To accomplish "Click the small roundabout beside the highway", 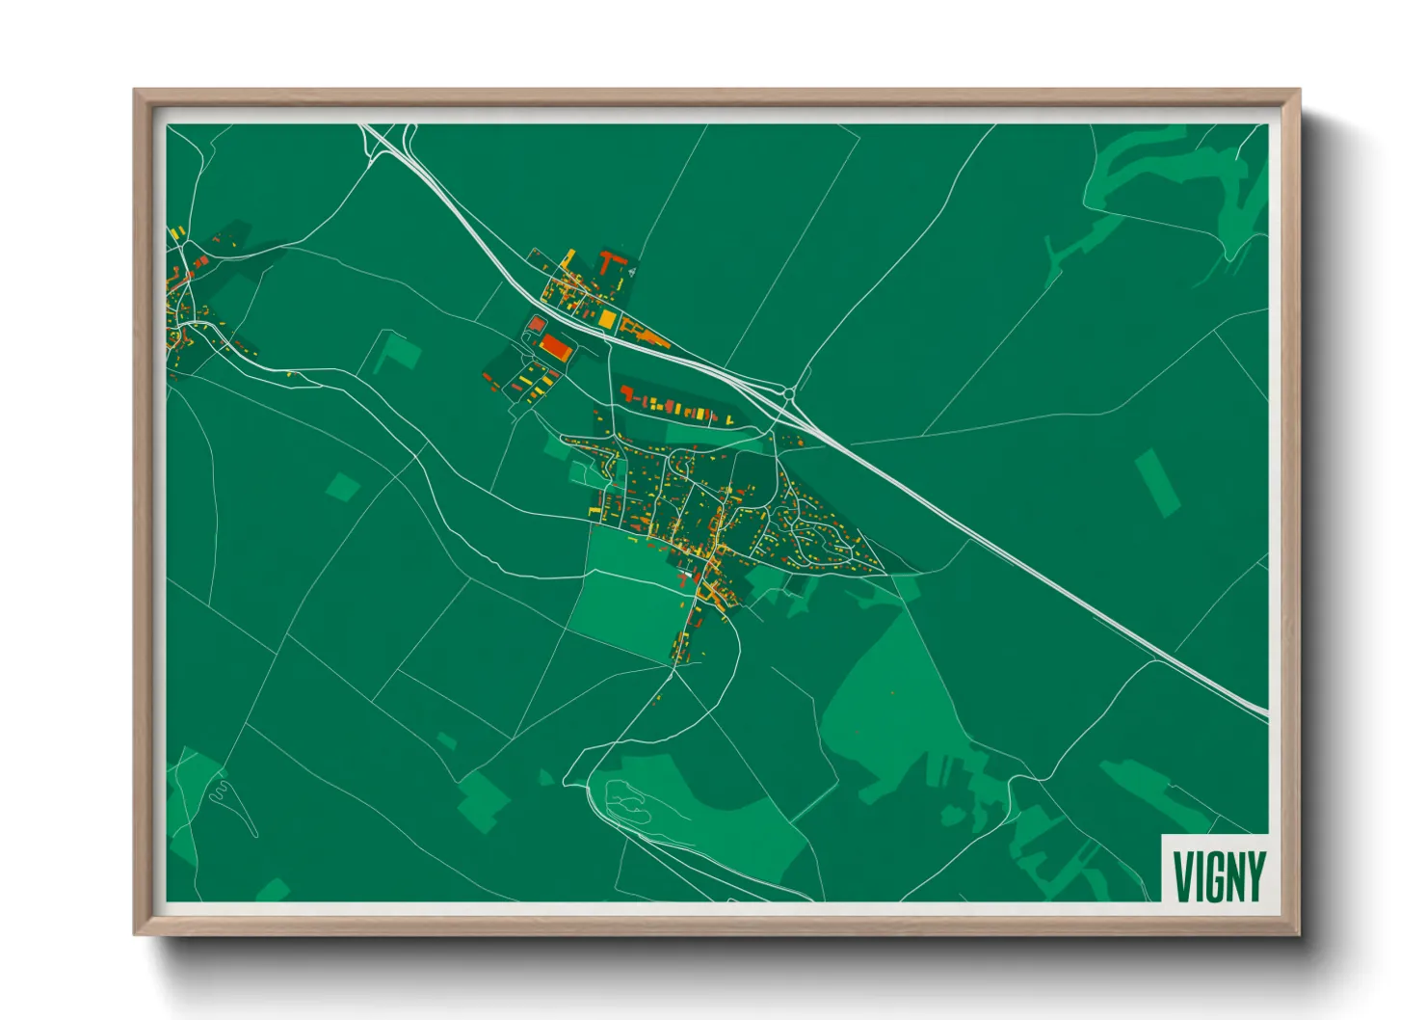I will [790, 392].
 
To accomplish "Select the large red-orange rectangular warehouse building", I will [556, 346].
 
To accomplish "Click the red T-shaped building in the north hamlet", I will [608, 259].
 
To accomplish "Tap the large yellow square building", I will [607, 318].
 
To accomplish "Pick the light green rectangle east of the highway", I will [1157, 481].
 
